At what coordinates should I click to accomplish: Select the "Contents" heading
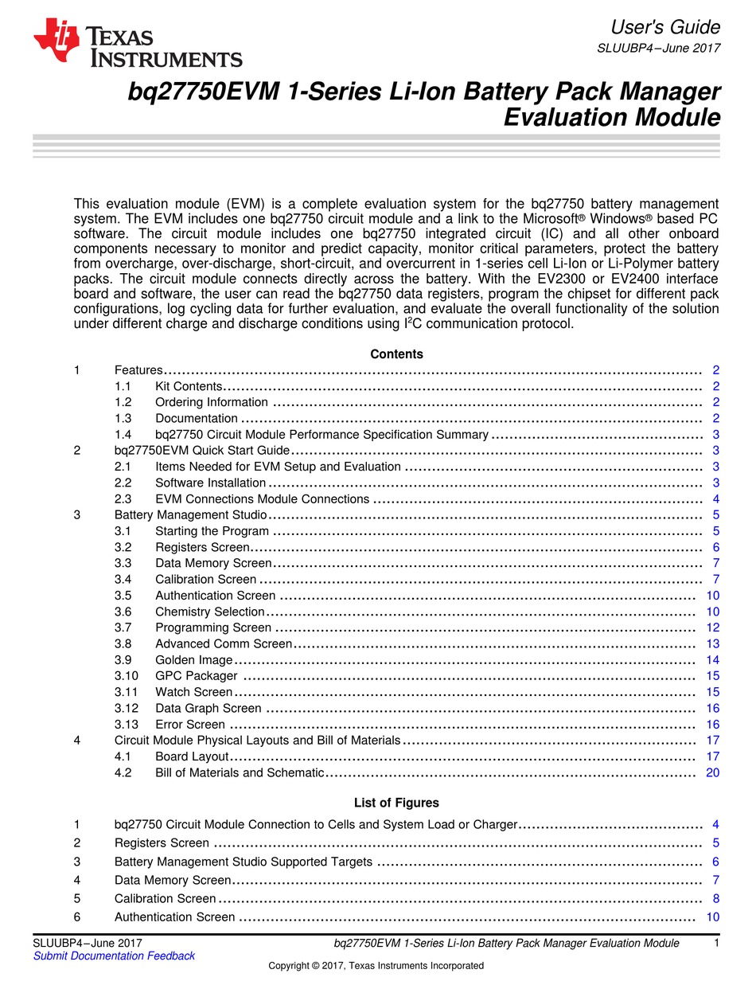pos(396,354)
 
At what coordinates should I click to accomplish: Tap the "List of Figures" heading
pos(396,803)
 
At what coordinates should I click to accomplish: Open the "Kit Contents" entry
pos(188,386)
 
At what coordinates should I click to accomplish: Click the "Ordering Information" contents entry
pos(212,402)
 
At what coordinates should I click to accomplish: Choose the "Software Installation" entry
pos(210,483)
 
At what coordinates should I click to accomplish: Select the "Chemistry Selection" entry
pos(209,612)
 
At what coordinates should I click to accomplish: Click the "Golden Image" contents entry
pos(193,660)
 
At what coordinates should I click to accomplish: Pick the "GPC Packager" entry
pos(196,676)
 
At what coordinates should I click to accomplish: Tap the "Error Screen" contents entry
pos(190,725)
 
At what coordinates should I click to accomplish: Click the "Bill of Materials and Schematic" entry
pos(239,772)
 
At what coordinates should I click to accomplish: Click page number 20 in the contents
pos(712,772)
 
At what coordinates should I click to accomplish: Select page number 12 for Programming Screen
pos(712,627)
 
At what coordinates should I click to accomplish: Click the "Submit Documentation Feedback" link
pos(114,956)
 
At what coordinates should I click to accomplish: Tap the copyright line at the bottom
pos(376,965)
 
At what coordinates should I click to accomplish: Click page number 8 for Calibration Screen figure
pos(715,898)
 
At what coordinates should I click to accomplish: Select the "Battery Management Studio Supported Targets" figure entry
pos(243,862)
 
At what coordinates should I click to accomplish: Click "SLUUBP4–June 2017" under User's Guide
pos(658,48)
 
